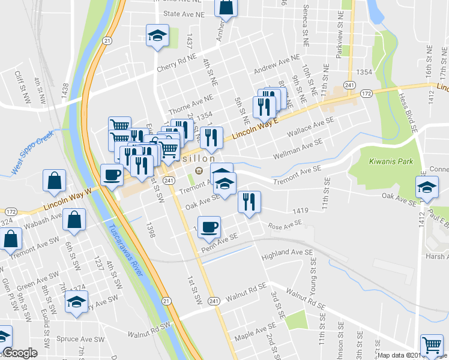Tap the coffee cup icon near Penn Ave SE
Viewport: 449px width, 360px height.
point(209,227)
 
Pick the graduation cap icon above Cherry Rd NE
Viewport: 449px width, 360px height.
point(157,35)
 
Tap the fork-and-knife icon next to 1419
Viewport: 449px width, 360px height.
point(249,201)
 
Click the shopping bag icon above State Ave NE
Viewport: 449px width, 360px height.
point(227,7)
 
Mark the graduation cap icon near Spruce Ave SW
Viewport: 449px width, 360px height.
point(77,302)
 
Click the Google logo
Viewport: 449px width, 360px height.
point(20,353)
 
